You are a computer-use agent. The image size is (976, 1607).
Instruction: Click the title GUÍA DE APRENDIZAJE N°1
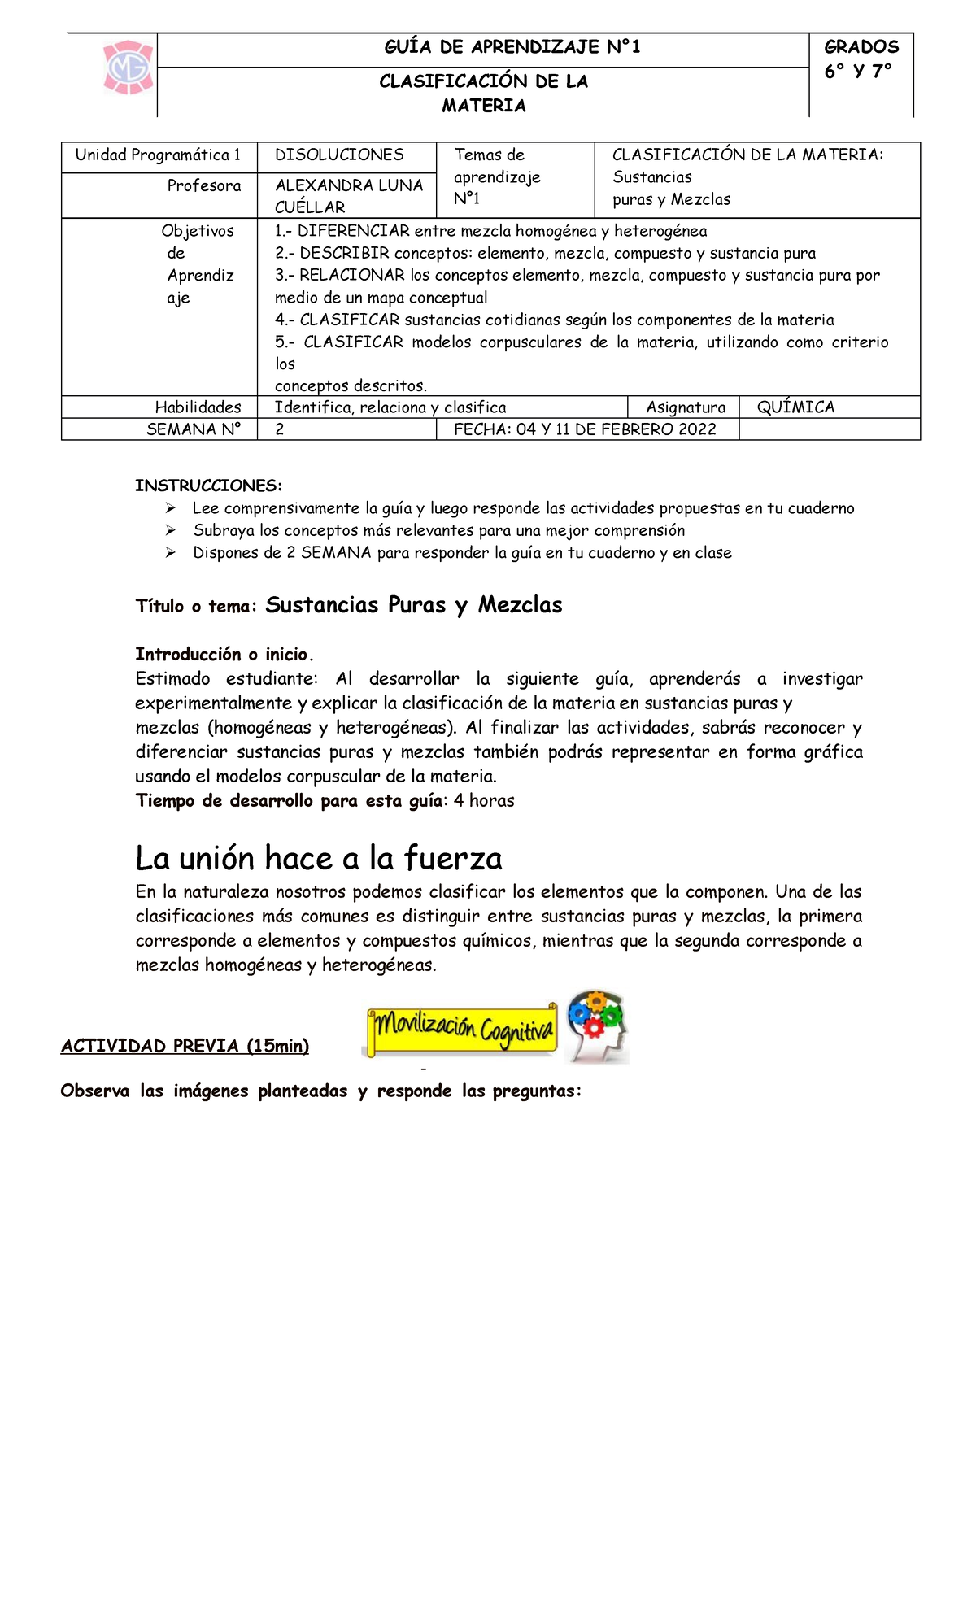point(512,47)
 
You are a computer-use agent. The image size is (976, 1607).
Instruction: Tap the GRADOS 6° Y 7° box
point(861,59)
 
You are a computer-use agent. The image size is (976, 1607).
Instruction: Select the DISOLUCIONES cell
point(339,155)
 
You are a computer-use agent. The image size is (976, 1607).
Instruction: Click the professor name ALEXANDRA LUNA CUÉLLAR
point(349,196)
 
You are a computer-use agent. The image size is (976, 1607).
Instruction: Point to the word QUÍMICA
point(795,407)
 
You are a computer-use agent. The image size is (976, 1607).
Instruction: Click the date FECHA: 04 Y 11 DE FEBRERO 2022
point(585,429)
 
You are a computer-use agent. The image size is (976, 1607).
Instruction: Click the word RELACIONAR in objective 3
point(352,276)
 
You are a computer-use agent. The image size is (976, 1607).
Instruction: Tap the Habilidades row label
point(198,407)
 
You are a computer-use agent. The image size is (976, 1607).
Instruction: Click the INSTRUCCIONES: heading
point(208,486)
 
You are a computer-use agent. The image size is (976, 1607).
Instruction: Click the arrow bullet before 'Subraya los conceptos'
point(170,530)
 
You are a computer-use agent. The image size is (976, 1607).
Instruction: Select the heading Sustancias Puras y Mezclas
point(413,605)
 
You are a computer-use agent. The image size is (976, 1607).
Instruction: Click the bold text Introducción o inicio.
point(224,655)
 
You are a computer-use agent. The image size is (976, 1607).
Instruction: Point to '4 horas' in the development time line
point(484,801)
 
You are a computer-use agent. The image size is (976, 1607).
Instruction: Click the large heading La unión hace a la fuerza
point(318,858)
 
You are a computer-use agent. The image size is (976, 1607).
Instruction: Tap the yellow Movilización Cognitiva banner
point(461,1030)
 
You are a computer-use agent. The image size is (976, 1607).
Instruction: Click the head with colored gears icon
point(598,1026)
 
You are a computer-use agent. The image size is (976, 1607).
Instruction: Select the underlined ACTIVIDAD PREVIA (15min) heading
point(185,1047)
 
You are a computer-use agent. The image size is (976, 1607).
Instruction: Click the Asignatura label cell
point(685,407)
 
